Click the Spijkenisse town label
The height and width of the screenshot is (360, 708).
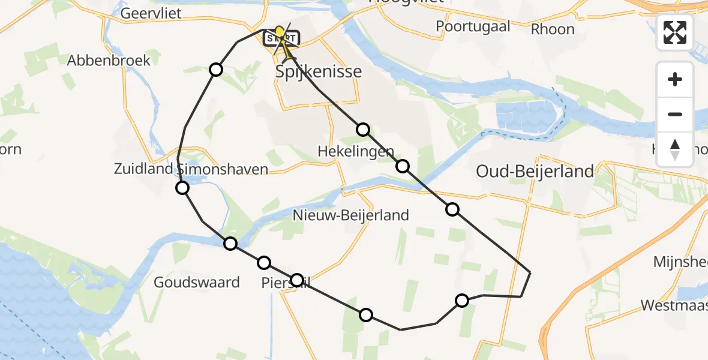click(319, 72)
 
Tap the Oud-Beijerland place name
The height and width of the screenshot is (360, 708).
click(535, 172)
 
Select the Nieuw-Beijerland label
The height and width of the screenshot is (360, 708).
click(351, 215)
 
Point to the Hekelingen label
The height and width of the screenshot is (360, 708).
click(356, 152)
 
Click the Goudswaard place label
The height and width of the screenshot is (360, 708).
click(197, 282)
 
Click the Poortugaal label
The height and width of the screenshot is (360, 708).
click(473, 26)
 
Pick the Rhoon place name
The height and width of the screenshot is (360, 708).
click(553, 29)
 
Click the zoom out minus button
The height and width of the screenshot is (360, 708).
click(675, 114)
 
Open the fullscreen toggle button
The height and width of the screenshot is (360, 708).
click(675, 32)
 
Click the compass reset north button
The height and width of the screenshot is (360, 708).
click(675, 149)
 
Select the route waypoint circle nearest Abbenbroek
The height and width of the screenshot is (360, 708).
click(216, 70)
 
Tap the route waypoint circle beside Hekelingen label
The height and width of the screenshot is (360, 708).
click(403, 166)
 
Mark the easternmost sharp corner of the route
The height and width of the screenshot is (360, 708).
click(530, 272)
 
